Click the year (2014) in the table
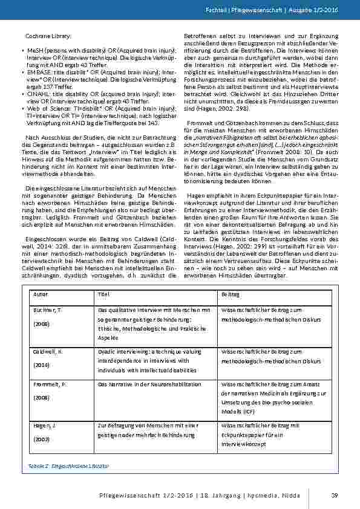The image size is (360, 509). tap(40, 365)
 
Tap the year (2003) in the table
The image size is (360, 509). tap(40, 440)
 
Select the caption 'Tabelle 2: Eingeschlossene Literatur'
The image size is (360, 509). tap(68, 467)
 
